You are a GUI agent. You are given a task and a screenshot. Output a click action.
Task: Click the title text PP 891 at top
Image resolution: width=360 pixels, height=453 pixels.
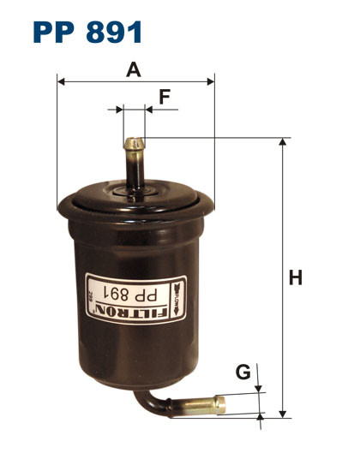[x=87, y=32]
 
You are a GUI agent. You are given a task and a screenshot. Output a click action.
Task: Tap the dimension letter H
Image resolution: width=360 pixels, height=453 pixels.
[x=296, y=278]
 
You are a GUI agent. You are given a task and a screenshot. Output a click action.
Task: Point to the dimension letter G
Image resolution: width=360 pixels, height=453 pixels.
[x=243, y=373]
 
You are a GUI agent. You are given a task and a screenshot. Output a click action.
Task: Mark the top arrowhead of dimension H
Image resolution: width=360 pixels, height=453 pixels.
[x=282, y=142]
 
